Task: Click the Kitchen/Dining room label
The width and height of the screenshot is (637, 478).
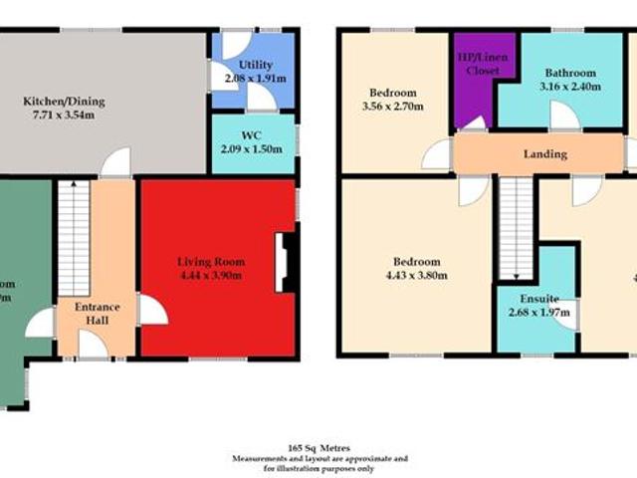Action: [x=64, y=102]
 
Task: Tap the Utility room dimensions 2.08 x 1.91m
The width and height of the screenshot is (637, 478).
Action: [x=256, y=78]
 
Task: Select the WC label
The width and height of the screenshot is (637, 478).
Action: [x=252, y=135]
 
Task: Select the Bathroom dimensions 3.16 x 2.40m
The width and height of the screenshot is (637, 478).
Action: [x=569, y=86]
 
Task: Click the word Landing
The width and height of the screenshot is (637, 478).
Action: [x=545, y=154]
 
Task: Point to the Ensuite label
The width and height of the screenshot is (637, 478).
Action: [x=538, y=299]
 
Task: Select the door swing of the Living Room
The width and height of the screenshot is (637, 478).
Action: [x=151, y=310]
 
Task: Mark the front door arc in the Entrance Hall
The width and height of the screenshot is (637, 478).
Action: [x=93, y=345]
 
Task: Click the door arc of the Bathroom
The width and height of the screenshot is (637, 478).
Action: [x=564, y=117]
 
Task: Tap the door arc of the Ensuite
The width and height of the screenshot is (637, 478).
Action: [x=566, y=315]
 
